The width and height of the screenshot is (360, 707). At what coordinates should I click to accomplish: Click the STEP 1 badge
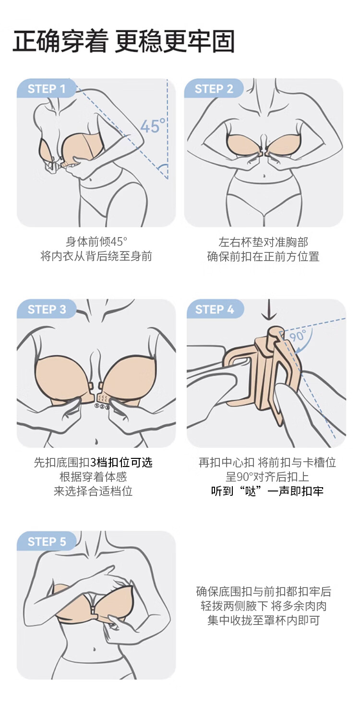coord(47,88)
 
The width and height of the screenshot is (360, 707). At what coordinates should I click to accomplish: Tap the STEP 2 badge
coord(214,88)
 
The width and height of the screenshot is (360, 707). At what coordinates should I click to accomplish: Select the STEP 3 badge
coord(47,309)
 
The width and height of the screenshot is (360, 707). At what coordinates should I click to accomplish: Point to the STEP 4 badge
coord(215,309)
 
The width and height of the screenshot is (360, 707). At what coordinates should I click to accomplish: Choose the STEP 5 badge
coord(47,541)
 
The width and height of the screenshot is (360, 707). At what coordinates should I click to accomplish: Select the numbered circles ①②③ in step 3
coord(102,407)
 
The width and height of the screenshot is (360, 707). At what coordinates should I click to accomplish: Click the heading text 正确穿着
coord(60,41)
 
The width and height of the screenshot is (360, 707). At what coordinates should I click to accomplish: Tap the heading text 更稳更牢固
coord(174,41)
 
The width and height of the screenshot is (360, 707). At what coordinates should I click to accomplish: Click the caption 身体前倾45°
coord(96,242)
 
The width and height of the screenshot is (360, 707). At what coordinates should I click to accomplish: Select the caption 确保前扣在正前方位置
coord(263,256)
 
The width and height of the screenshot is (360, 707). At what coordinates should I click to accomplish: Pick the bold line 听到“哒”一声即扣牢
coord(267,491)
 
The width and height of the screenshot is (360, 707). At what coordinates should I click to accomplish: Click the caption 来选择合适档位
coord(93,491)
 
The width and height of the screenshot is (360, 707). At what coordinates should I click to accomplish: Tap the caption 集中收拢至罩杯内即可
coord(264,620)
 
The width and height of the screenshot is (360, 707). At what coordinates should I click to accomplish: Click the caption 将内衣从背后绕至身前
coord(96,256)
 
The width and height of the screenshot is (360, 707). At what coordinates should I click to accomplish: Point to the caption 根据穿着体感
coord(93,477)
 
